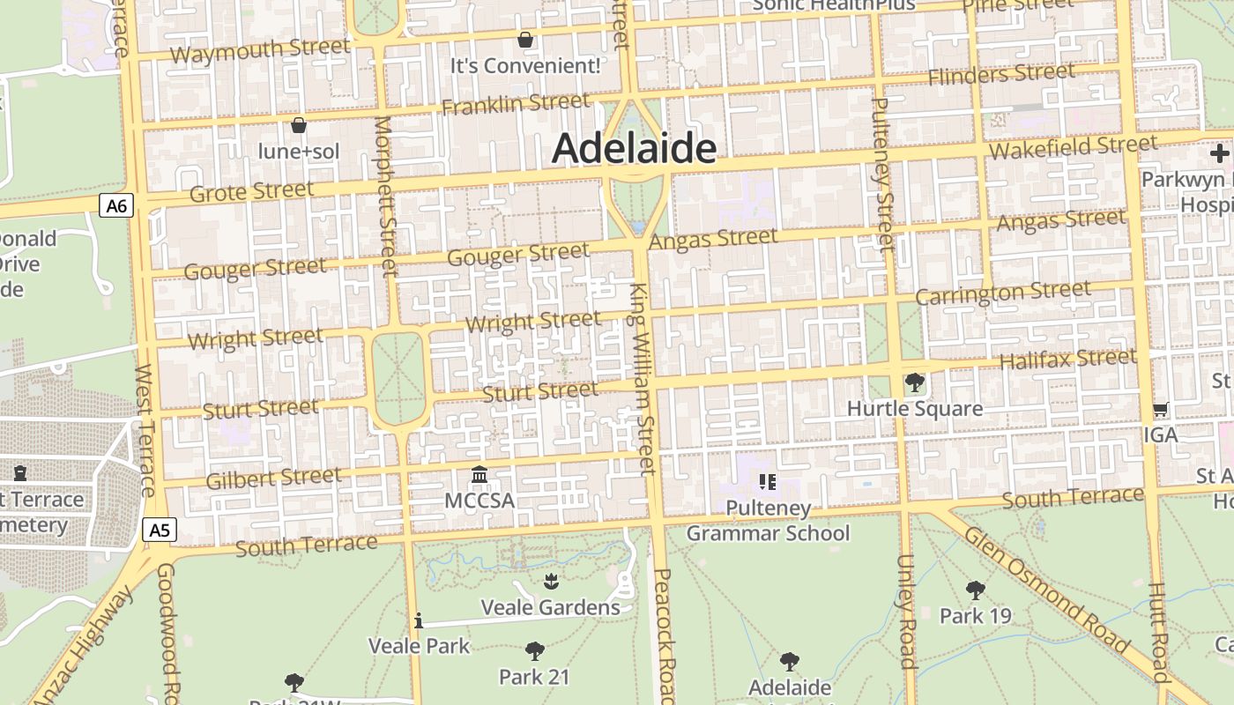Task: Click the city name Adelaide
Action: pyautogui.click(x=634, y=148)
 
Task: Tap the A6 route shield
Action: pyautogui.click(x=115, y=206)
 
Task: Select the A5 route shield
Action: pyautogui.click(x=159, y=530)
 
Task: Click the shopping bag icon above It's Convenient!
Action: pyautogui.click(x=525, y=40)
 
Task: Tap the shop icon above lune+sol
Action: pyautogui.click(x=299, y=125)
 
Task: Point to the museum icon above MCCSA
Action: pyautogui.click(x=479, y=475)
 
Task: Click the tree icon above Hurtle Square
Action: pyautogui.click(x=914, y=382)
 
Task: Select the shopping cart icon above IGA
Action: pyautogui.click(x=1161, y=410)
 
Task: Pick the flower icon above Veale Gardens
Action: pyautogui.click(x=551, y=581)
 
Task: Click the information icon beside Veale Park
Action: pyautogui.click(x=419, y=621)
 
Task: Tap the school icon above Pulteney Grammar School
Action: pyautogui.click(x=768, y=481)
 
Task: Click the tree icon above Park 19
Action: pyautogui.click(x=975, y=590)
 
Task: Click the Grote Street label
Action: pyautogui.click(x=252, y=191)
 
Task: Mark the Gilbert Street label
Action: pyautogui.click(x=273, y=479)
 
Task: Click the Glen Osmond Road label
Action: pyautogui.click(x=1046, y=590)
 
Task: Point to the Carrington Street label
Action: pyautogui.click(x=1003, y=293)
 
